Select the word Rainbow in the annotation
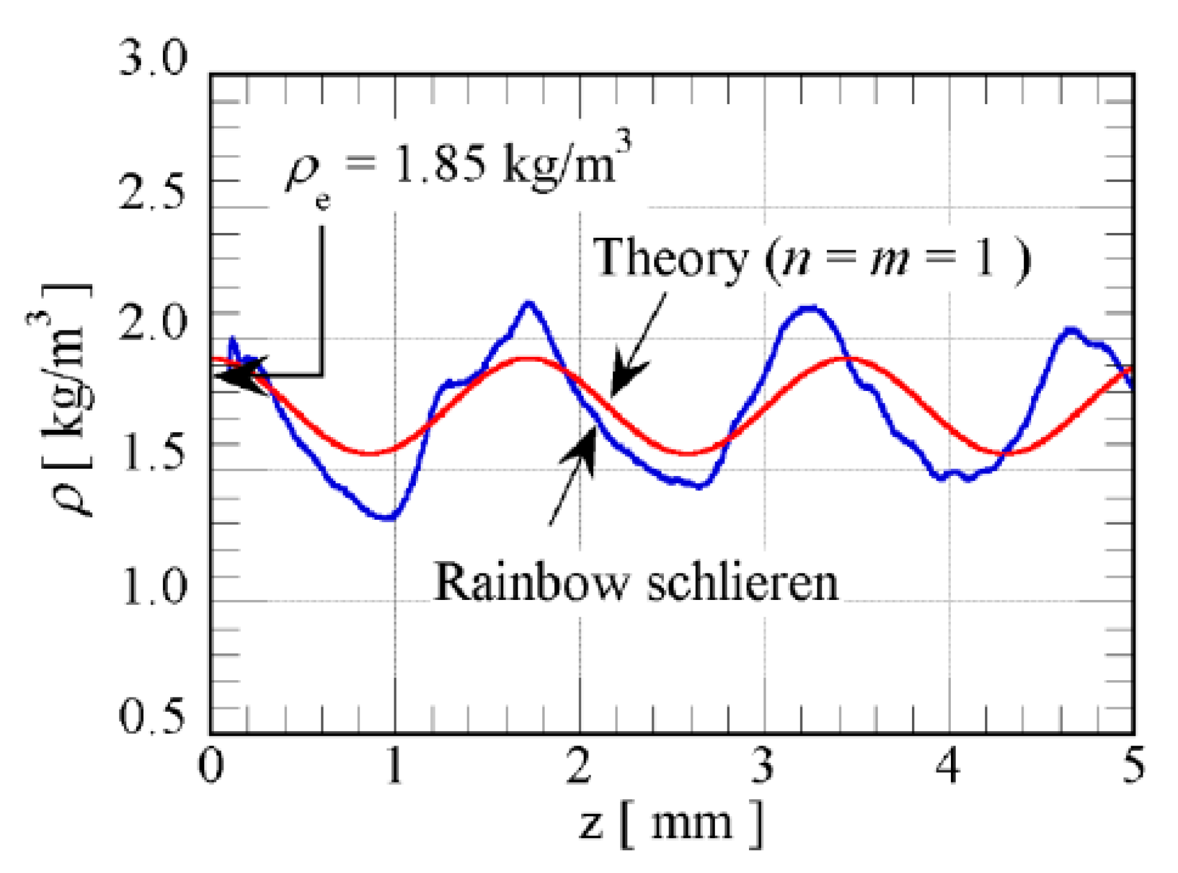(x=530, y=582)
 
